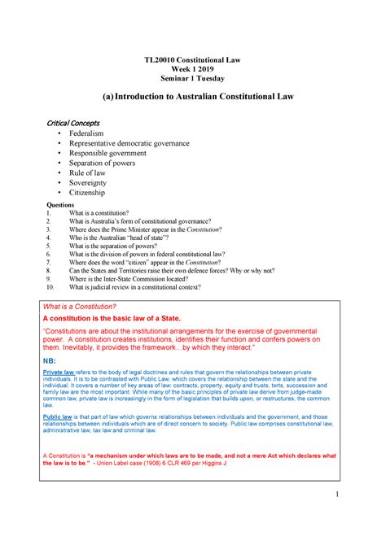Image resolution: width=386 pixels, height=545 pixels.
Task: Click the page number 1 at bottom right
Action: point(346,496)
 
